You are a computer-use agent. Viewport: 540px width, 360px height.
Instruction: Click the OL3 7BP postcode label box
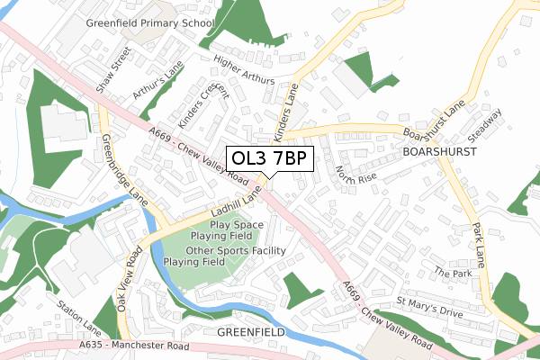click(x=270, y=158)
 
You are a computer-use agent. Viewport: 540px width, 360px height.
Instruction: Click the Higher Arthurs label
click(x=243, y=70)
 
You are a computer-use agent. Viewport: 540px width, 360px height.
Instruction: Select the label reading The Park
click(x=452, y=272)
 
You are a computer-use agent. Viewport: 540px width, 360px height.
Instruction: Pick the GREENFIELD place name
click(x=251, y=332)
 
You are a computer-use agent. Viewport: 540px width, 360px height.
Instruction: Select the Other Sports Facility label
click(x=236, y=250)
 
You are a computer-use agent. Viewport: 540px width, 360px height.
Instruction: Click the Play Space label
click(x=237, y=224)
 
